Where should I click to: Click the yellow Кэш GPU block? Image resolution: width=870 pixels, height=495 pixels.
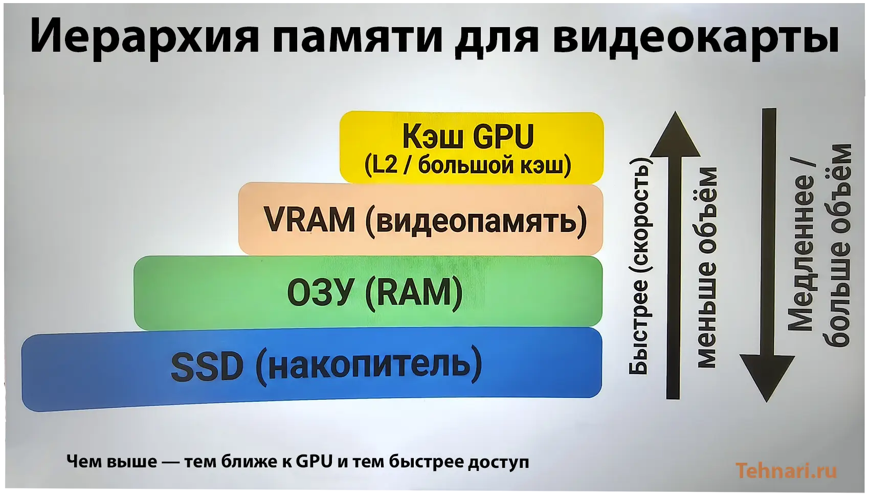pyautogui.click(x=472, y=147)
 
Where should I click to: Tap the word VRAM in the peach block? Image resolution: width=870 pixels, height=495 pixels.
pyautogui.click(x=309, y=220)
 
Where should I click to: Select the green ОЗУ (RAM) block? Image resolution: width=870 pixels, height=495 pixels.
pyautogui.click(x=368, y=292)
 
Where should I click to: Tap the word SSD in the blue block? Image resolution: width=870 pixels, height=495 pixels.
pyautogui.click(x=207, y=367)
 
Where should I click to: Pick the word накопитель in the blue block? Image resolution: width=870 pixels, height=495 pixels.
pyautogui.click(x=369, y=365)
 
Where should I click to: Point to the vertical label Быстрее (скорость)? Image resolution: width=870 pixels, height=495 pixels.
pyautogui.click(x=639, y=266)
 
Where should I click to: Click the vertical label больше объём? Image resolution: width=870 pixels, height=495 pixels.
pyautogui.click(x=838, y=245)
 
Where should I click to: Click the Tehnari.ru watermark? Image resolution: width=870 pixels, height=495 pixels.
pyautogui.click(x=787, y=470)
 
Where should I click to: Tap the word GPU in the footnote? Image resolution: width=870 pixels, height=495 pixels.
pyautogui.click(x=314, y=462)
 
